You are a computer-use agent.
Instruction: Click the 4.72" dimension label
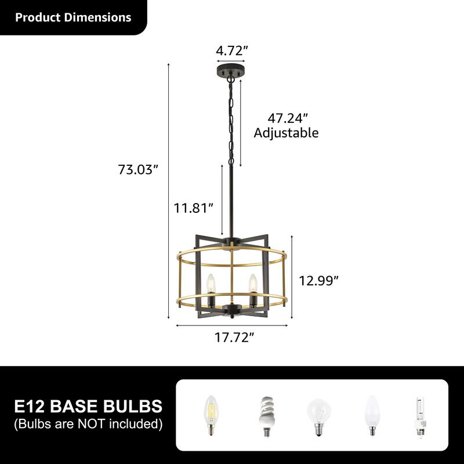point(232,50)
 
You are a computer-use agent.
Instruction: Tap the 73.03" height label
point(137,170)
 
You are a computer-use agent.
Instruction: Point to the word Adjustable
point(287,133)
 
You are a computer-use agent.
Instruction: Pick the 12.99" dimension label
point(318,281)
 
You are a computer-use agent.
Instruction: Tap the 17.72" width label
point(234,337)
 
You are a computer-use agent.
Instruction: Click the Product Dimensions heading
point(73,17)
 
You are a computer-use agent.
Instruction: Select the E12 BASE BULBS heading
point(88,405)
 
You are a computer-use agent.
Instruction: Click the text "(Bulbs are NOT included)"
point(88,424)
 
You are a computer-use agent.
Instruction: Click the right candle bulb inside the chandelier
point(252,284)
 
